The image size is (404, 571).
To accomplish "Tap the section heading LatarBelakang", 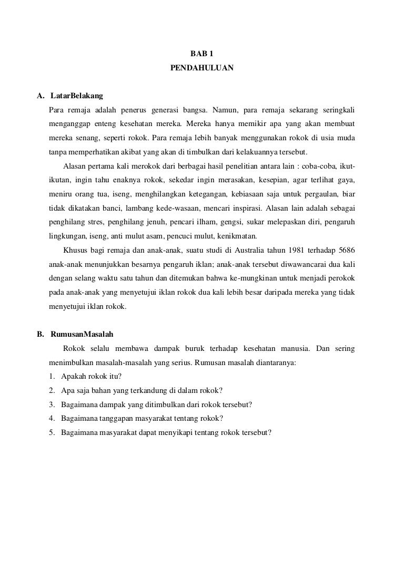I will pyautogui.click(x=76, y=96).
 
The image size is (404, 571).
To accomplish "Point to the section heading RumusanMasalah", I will pyautogui.click(x=82, y=334).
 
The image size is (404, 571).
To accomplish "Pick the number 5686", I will pyautogui.click(x=345, y=250).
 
